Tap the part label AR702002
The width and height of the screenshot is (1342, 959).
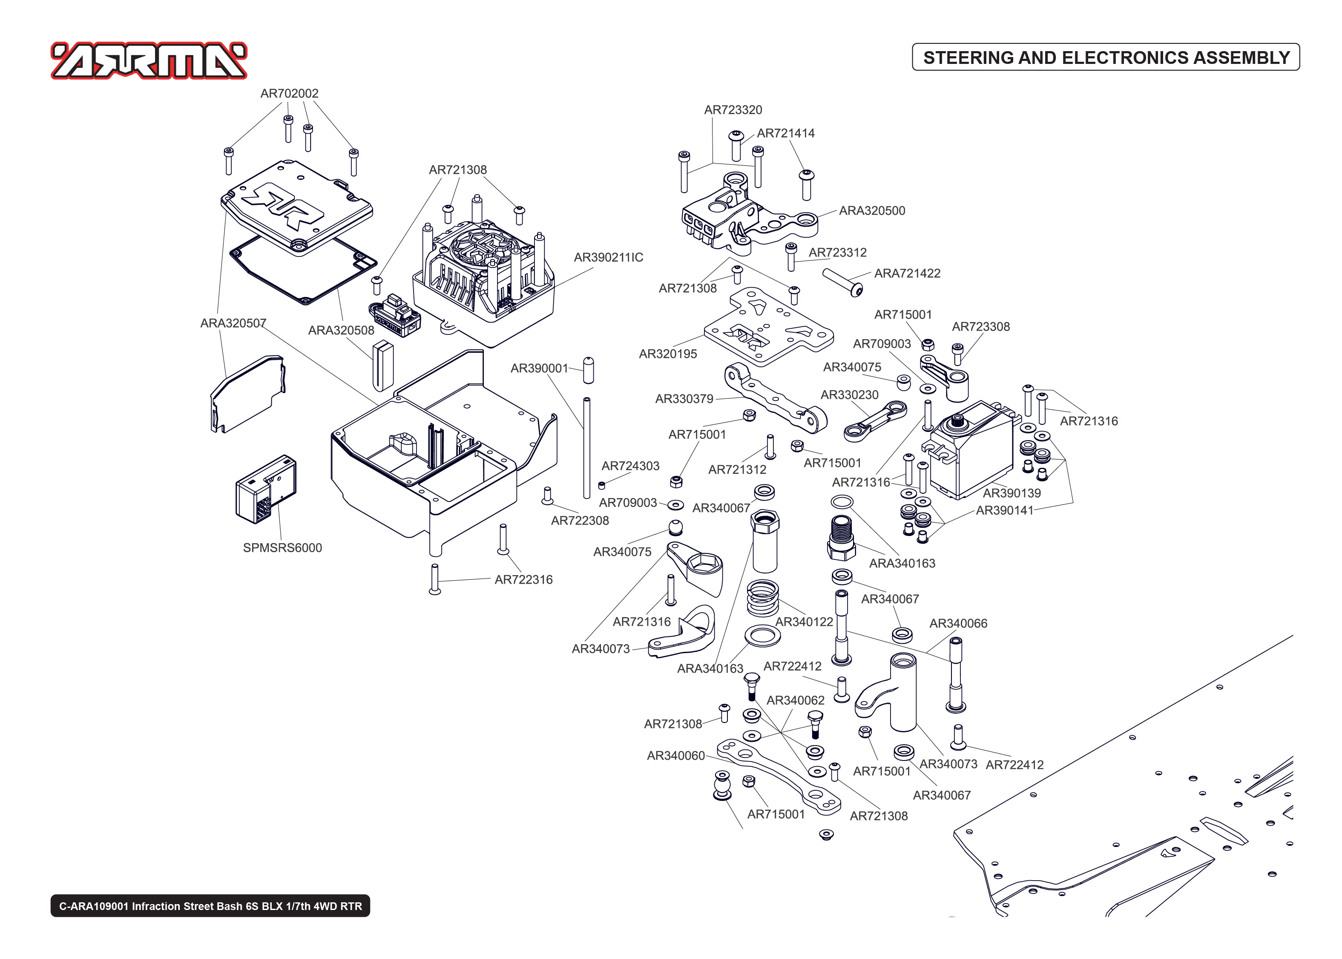[289, 93]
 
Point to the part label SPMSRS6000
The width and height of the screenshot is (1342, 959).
[282, 547]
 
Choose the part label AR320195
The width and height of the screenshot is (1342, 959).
[667, 354]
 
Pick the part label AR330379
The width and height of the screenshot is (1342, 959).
[684, 399]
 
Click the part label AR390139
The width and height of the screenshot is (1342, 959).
[1012, 493]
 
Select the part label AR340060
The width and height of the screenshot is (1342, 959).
[676, 756]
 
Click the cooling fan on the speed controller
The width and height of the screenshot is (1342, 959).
[476, 248]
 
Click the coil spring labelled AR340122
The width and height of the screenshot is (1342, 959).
[762, 598]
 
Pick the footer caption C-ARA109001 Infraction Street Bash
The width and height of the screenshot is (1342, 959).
[210, 906]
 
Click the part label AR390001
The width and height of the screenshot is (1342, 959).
[539, 369]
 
